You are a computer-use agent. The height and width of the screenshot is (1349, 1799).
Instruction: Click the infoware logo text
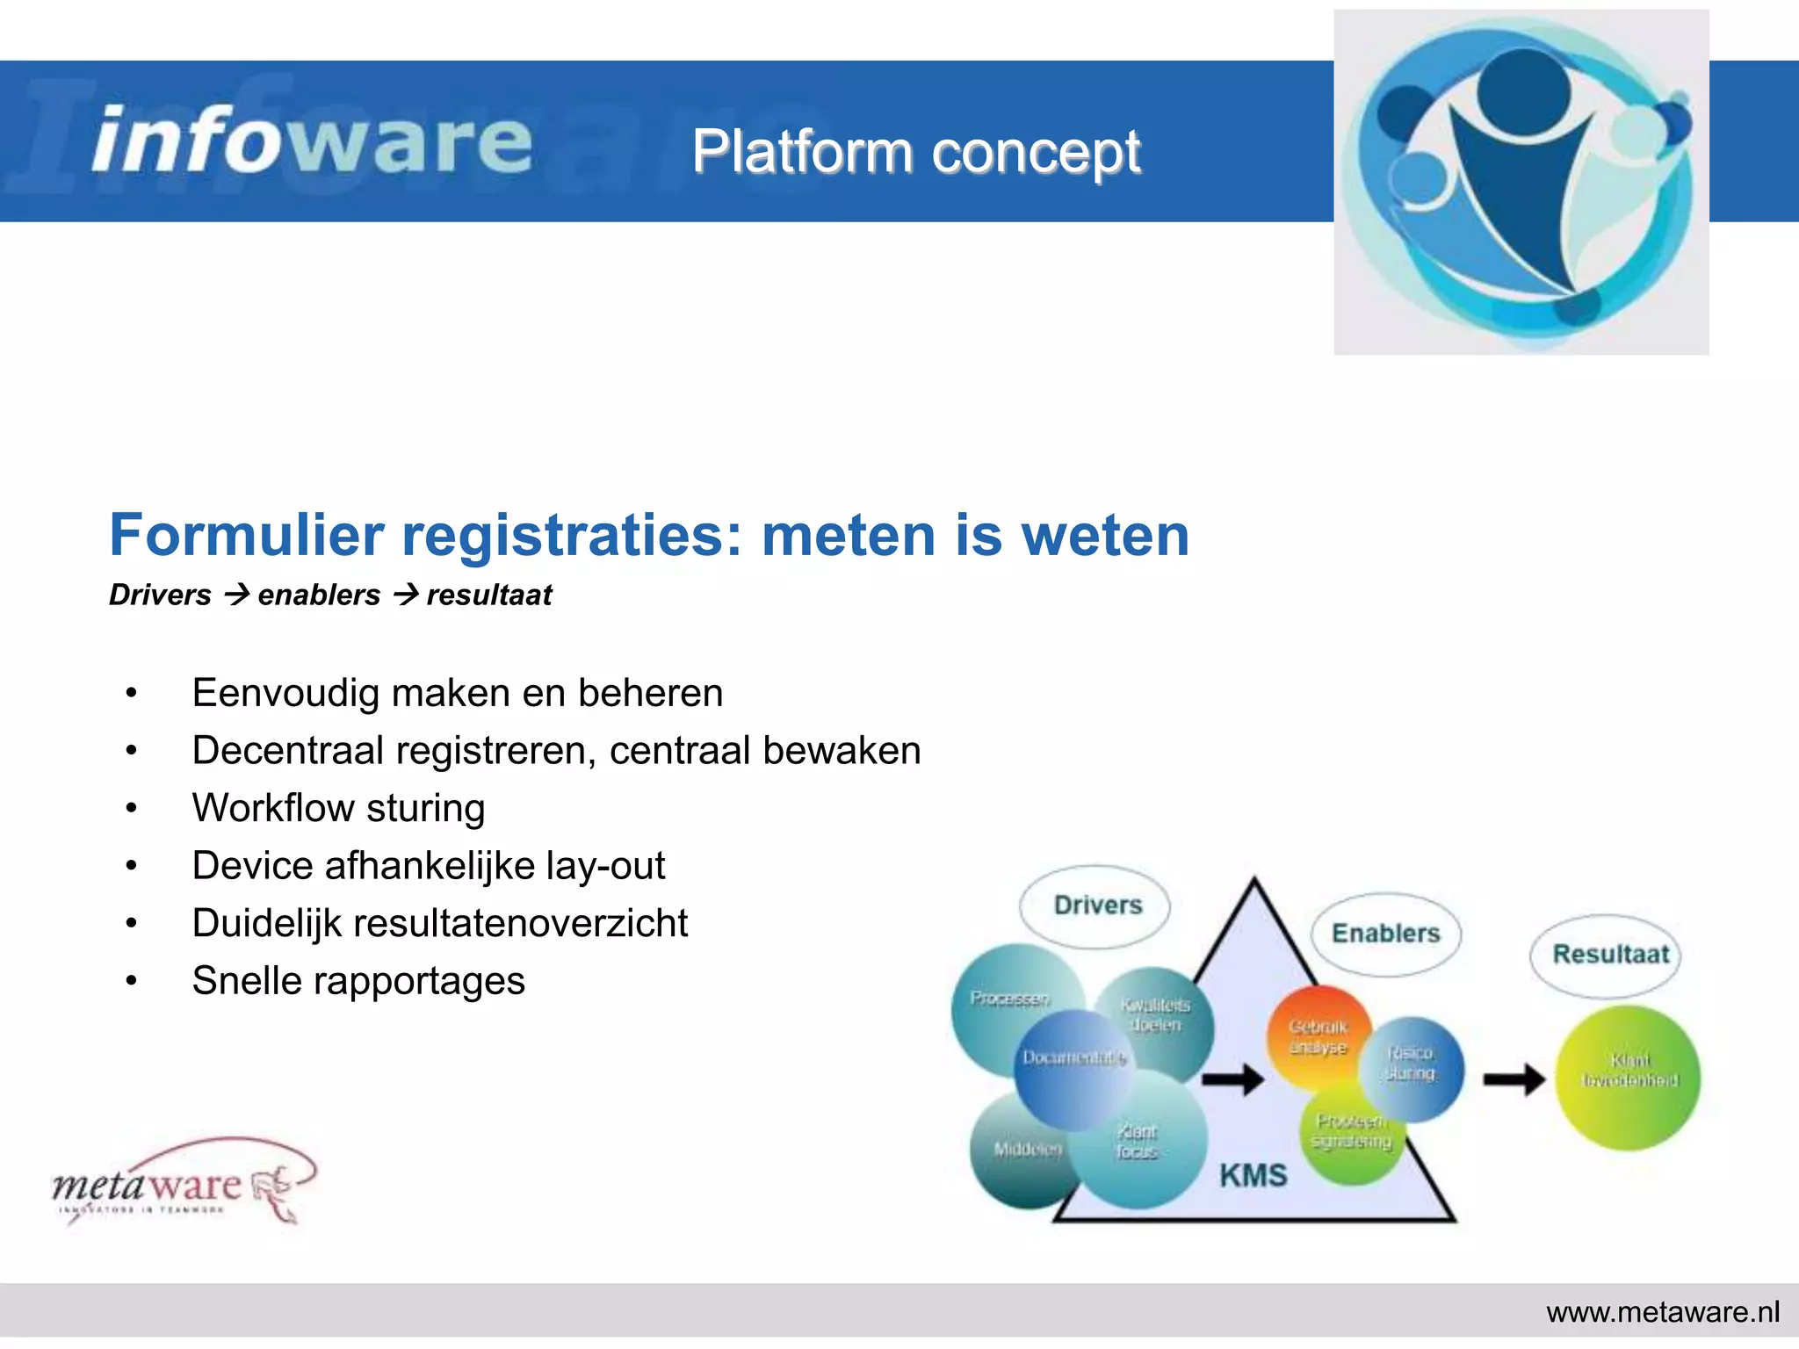point(312,141)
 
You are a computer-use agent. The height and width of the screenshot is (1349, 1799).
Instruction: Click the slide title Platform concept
point(915,152)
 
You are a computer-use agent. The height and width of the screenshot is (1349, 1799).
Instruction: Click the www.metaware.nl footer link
point(1662,1312)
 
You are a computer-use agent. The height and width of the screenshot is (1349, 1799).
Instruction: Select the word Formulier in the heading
point(247,535)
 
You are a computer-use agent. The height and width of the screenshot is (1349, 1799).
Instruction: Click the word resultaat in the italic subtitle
point(489,595)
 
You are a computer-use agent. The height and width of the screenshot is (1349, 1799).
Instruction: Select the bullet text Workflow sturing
point(338,808)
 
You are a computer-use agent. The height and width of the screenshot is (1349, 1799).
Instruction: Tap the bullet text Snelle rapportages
point(358,981)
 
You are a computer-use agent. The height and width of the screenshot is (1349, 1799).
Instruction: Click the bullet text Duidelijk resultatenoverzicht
point(439,923)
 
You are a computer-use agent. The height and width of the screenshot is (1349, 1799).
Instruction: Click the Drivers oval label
point(1096,905)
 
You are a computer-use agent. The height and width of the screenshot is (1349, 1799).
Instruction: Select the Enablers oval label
point(1385,934)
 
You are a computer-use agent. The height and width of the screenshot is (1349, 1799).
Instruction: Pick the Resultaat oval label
point(1609,955)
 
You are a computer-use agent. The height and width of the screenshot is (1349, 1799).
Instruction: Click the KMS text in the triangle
point(1253,1175)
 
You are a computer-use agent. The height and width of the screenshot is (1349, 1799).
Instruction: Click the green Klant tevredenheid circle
point(1629,1078)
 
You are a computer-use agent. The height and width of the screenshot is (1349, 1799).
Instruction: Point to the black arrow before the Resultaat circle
point(1514,1079)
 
